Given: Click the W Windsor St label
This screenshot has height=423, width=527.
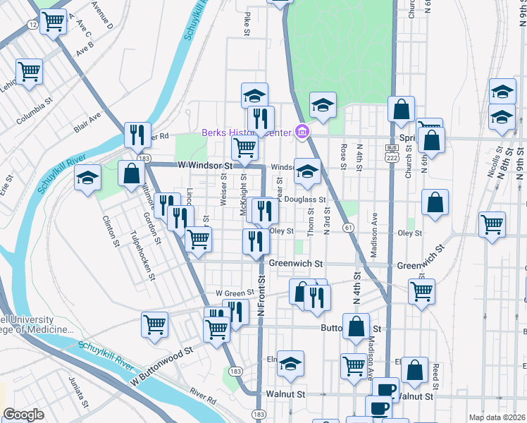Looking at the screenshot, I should pos(205,165).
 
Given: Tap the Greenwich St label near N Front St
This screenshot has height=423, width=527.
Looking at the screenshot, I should pos(296,264).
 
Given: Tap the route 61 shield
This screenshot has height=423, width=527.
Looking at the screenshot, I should pos(349,227).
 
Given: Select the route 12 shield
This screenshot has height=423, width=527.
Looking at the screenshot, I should pos(33,25).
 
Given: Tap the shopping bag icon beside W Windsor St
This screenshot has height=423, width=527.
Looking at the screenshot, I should pos(132,173).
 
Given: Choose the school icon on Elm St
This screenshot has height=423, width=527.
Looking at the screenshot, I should pos(290,363).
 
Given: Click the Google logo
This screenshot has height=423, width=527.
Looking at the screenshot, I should pos(24,415).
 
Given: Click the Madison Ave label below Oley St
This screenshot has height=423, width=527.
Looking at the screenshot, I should pos(374,235).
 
